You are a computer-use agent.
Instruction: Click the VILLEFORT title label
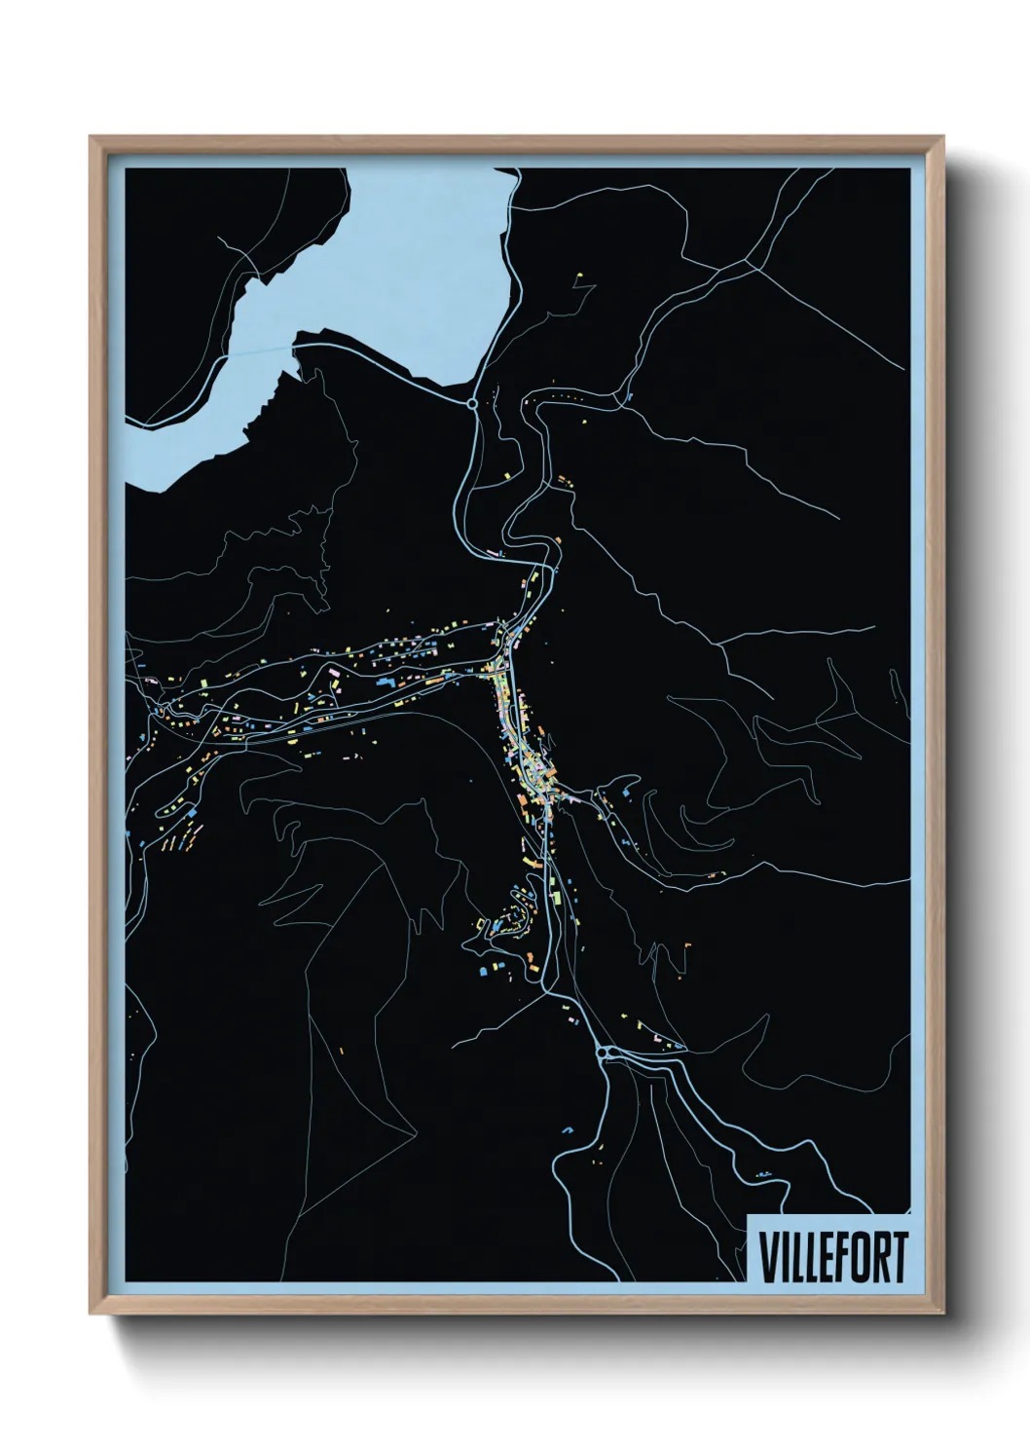832,1257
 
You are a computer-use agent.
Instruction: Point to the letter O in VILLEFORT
854,1257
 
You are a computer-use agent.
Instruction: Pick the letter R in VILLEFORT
875,1257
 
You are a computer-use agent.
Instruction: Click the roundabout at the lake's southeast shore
472,402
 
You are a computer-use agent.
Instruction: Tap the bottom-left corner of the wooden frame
92,1313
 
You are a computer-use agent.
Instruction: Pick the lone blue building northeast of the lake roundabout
629,396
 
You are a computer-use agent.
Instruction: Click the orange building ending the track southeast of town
687,943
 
